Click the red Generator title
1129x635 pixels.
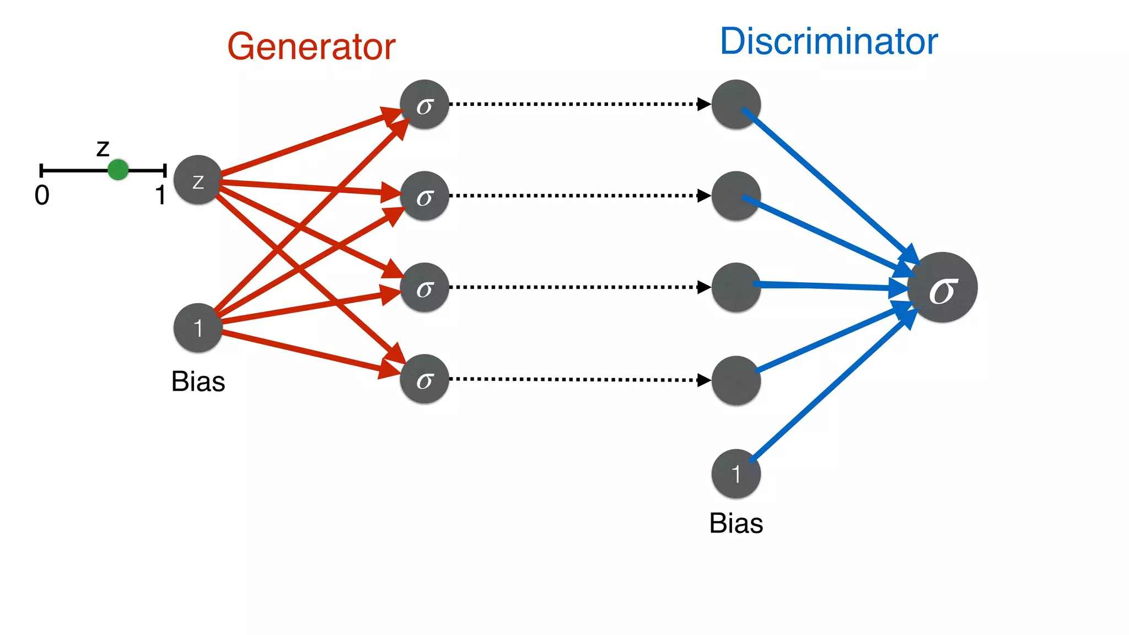click(x=311, y=47)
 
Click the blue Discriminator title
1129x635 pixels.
click(x=829, y=42)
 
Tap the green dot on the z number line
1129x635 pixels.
click(x=118, y=170)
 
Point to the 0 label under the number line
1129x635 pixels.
click(x=42, y=196)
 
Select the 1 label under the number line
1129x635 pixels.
click(x=160, y=196)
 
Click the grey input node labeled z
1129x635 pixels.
click(x=198, y=180)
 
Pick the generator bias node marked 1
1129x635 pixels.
click(x=198, y=328)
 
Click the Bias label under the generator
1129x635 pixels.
click(x=198, y=382)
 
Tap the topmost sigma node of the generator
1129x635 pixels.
click(x=424, y=105)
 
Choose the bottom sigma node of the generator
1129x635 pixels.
click(x=424, y=379)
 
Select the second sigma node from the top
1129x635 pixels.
click(x=424, y=196)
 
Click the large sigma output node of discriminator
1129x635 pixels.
click(x=943, y=287)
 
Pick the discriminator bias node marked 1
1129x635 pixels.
click(x=736, y=474)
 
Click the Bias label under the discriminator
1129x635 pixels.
click(x=736, y=524)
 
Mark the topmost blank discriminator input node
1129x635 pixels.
click(x=736, y=105)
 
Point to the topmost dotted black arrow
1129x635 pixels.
click(x=579, y=104)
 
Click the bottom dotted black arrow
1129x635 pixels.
click(x=579, y=379)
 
